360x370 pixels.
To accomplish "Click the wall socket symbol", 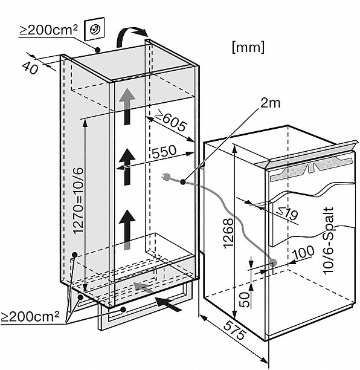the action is (94, 28).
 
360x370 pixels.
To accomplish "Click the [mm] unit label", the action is (248, 47).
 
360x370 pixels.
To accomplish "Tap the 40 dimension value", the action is (30, 68).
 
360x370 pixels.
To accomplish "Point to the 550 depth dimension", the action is (164, 152).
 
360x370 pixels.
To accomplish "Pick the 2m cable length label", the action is (271, 103).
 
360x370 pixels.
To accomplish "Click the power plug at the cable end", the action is (166, 177).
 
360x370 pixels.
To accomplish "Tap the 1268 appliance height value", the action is (228, 233).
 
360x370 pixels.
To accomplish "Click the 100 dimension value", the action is (303, 252).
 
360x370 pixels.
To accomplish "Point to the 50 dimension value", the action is (245, 300).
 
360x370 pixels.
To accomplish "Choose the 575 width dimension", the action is (234, 330).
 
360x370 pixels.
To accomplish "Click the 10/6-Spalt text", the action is (329, 241).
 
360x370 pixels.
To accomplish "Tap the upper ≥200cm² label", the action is (48, 30).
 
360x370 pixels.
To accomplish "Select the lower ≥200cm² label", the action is (30, 316).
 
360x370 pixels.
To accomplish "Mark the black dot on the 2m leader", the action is (182, 182).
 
